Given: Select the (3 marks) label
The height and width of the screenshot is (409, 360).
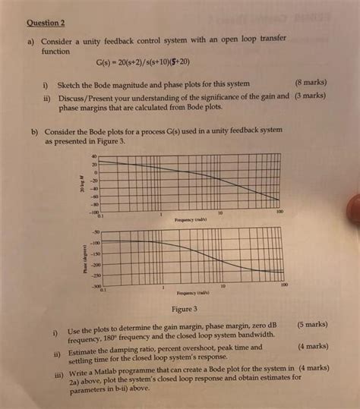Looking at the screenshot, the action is click(x=312, y=96).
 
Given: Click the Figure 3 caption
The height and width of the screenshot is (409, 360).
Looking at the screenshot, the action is click(x=185, y=309).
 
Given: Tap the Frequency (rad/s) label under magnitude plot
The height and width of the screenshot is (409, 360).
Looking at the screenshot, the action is click(x=187, y=219).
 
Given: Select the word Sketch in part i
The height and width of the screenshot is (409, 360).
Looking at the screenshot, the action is click(x=83, y=82).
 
